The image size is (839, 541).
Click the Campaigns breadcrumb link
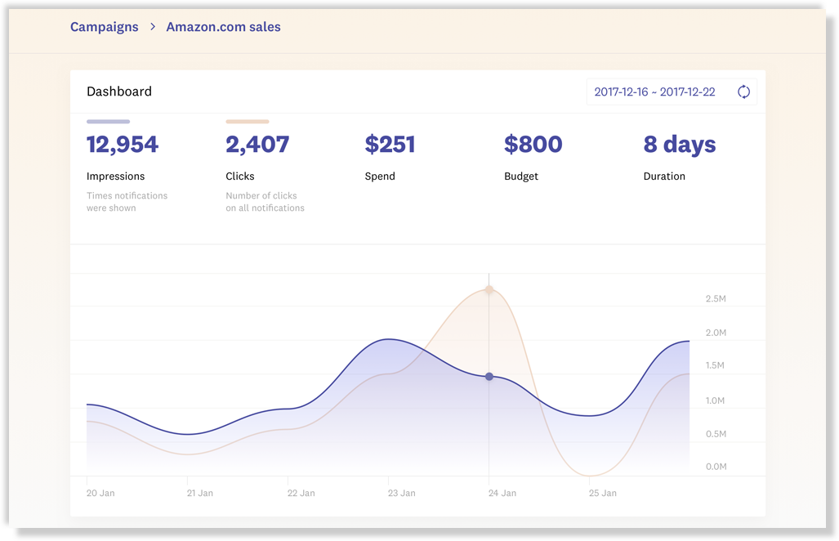pyautogui.click(x=104, y=27)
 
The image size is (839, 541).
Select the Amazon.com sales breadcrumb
pyautogui.click(x=223, y=27)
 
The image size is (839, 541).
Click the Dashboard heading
pyautogui.click(x=119, y=92)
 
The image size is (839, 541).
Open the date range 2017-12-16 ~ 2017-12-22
pyautogui.click(x=654, y=92)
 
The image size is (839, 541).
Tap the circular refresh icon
pyautogui.click(x=743, y=92)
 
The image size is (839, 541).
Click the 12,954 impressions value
pyautogui.click(x=123, y=145)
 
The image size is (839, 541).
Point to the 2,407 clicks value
pyautogui.click(x=257, y=145)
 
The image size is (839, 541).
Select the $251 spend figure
pyautogui.click(x=390, y=145)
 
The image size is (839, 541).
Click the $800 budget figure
pyautogui.click(x=533, y=145)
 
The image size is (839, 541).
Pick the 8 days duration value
pyautogui.click(x=679, y=145)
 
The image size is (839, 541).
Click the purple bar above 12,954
pyautogui.click(x=108, y=122)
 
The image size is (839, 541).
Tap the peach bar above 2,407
pyautogui.click(x=247, y=122)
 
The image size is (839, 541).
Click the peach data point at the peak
pyautogui.click(x=489, y=289)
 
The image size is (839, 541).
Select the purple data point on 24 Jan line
pyautogui.click(x=489, y=377)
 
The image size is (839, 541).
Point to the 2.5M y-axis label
pyautogui.click(x=716, y=299)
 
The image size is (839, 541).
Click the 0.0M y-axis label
pyautogui.click(x=716, y=467)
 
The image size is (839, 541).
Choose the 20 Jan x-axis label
pyautogui.click(x=100, y=493)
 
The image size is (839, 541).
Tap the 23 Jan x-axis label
pyautogui.click(x=401, y=493)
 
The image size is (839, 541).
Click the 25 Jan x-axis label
pyautogui.click(x=603, y=493)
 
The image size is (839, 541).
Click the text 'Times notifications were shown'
pyautogui.click(x=127, y=202)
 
